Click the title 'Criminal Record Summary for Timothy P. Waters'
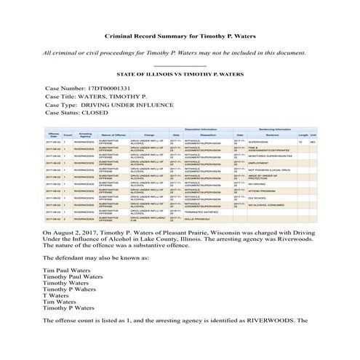180,36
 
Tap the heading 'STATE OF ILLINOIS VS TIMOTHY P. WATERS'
180,74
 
